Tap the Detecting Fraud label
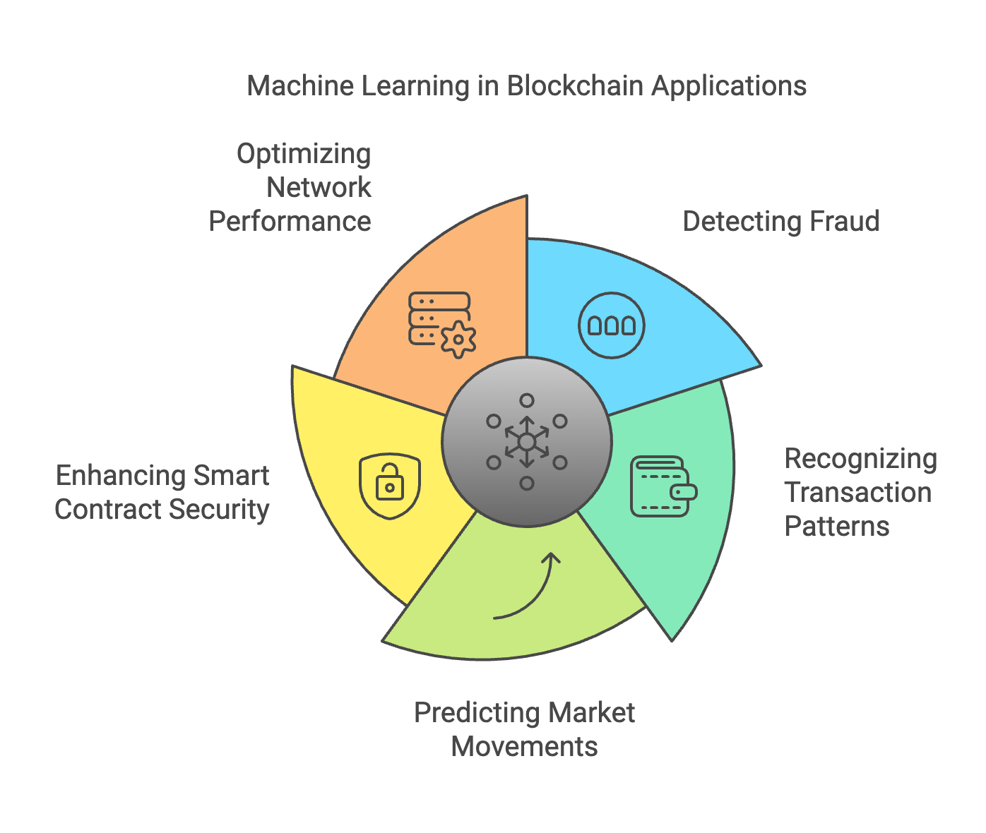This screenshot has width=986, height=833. point(780,222)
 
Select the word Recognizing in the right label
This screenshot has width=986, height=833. point(860,459)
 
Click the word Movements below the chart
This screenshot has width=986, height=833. point(524,747)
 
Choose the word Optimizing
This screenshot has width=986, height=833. point(304,154)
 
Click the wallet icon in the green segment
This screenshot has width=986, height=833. point(663,486)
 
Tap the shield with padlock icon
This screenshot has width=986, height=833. point(390,486)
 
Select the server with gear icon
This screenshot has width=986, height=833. point(441,324)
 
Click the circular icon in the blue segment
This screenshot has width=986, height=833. point(612,325)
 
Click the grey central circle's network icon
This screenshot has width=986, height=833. point(527,442)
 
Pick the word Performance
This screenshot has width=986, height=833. point(290,222)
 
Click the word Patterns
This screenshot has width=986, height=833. point(837,527)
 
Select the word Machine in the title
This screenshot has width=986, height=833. point(299,86)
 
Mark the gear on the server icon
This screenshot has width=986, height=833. point(458,340)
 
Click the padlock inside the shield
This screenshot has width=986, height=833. point(390,485)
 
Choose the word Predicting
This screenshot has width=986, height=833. point(475,713)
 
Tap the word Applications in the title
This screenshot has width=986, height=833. point(729,86)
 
